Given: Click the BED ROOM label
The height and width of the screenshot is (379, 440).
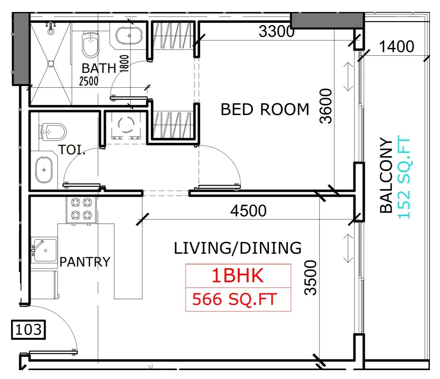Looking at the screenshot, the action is [265, 109].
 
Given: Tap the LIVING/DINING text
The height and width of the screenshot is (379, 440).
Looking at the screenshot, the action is [238, 248].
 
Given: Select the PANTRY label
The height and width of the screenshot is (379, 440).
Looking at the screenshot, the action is [85, 262].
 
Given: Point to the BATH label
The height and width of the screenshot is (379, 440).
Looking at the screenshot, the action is [99, 68].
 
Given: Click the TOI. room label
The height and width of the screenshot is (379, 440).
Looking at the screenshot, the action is [71, 149].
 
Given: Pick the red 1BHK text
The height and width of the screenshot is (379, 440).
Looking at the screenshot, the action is [238, 276].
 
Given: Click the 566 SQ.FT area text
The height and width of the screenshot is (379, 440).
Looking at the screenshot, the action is [234, 299].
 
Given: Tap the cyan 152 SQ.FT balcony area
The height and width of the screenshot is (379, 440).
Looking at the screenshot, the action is [404, 177].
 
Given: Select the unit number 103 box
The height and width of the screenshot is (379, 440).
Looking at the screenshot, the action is [28, 330].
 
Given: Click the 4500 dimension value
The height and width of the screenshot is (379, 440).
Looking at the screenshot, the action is [248, 211].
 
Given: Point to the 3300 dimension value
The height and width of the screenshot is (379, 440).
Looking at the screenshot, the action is [277, 31].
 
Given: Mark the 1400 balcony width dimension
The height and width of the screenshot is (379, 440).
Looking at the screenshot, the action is [397, 46].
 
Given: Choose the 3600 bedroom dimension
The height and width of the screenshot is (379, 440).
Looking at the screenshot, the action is [326, 106].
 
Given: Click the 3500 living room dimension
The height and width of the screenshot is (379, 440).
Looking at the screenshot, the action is [310, 278].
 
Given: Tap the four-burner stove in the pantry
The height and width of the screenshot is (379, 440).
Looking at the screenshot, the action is [81, 210].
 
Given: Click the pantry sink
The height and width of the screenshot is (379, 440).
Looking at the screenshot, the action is [44, 250].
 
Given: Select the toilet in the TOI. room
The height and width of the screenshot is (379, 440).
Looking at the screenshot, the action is [53, 132].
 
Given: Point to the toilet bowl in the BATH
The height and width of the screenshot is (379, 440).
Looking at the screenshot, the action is [91, 45].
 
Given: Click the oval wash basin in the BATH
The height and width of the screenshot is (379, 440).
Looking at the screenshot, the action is [129, 36].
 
